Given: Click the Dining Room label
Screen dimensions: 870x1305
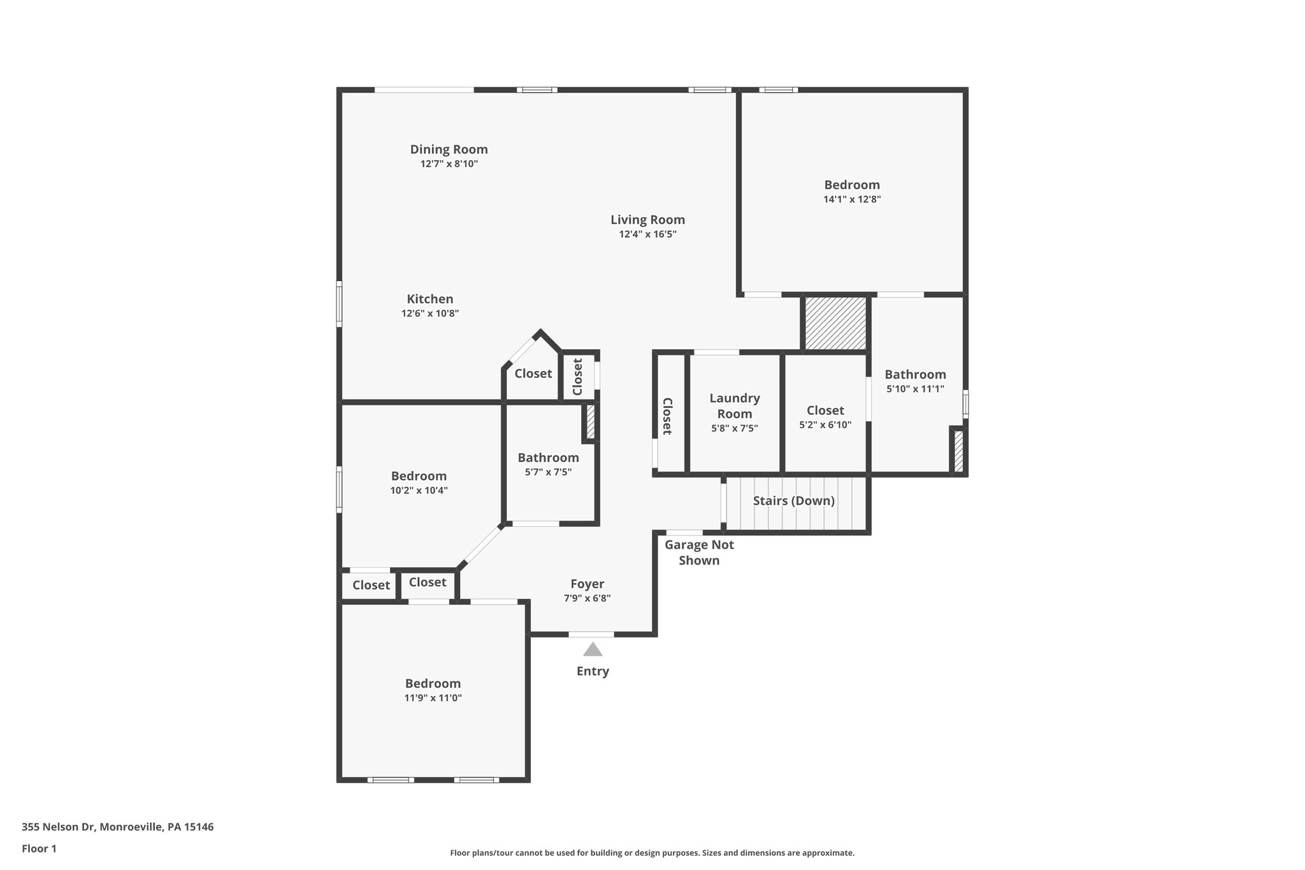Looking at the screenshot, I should pos(449,150).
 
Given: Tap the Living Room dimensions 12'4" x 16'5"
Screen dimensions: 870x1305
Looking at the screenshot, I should pos(647,235).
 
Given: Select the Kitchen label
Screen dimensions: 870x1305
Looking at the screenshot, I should pos(430,299).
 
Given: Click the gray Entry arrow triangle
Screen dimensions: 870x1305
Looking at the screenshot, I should pos(593,649).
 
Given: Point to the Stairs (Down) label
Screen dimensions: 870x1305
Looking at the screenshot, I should pos(793,501).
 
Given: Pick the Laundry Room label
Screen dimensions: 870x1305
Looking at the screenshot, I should pos(735,406).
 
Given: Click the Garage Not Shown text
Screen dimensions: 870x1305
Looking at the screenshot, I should pos(699,553).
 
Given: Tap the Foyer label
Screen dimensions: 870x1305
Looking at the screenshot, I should pos(587,584).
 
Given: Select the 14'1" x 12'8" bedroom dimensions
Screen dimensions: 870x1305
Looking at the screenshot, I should pos(852,199).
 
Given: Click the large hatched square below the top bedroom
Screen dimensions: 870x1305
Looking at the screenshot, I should pos(835,323).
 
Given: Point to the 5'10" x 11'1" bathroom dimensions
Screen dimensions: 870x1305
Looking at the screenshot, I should pos(915,389).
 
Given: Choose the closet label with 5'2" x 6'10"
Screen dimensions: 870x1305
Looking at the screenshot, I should pos(825,410).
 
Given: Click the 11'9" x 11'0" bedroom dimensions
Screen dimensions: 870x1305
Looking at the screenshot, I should pos(433,698).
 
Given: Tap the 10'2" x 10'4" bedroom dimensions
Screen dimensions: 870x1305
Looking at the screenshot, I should pos(419,491).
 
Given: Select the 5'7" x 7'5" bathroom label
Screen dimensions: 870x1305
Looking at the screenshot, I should pos(548,458).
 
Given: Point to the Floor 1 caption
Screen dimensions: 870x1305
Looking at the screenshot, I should pos(39,849).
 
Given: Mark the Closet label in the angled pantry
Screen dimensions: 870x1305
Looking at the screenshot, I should pos(533,373).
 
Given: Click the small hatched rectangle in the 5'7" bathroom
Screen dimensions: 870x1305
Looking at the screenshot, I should pos(590,422).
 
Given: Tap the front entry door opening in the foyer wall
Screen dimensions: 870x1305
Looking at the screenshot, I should pos(591,634).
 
